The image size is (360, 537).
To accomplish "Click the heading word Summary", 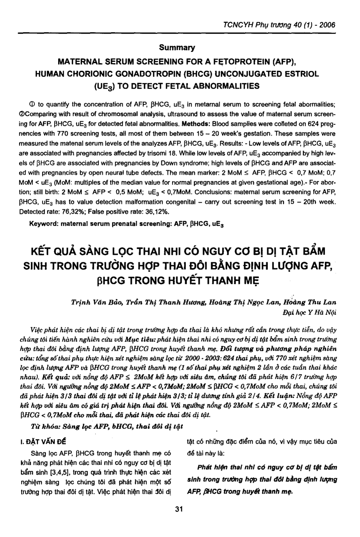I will point(177,48).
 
